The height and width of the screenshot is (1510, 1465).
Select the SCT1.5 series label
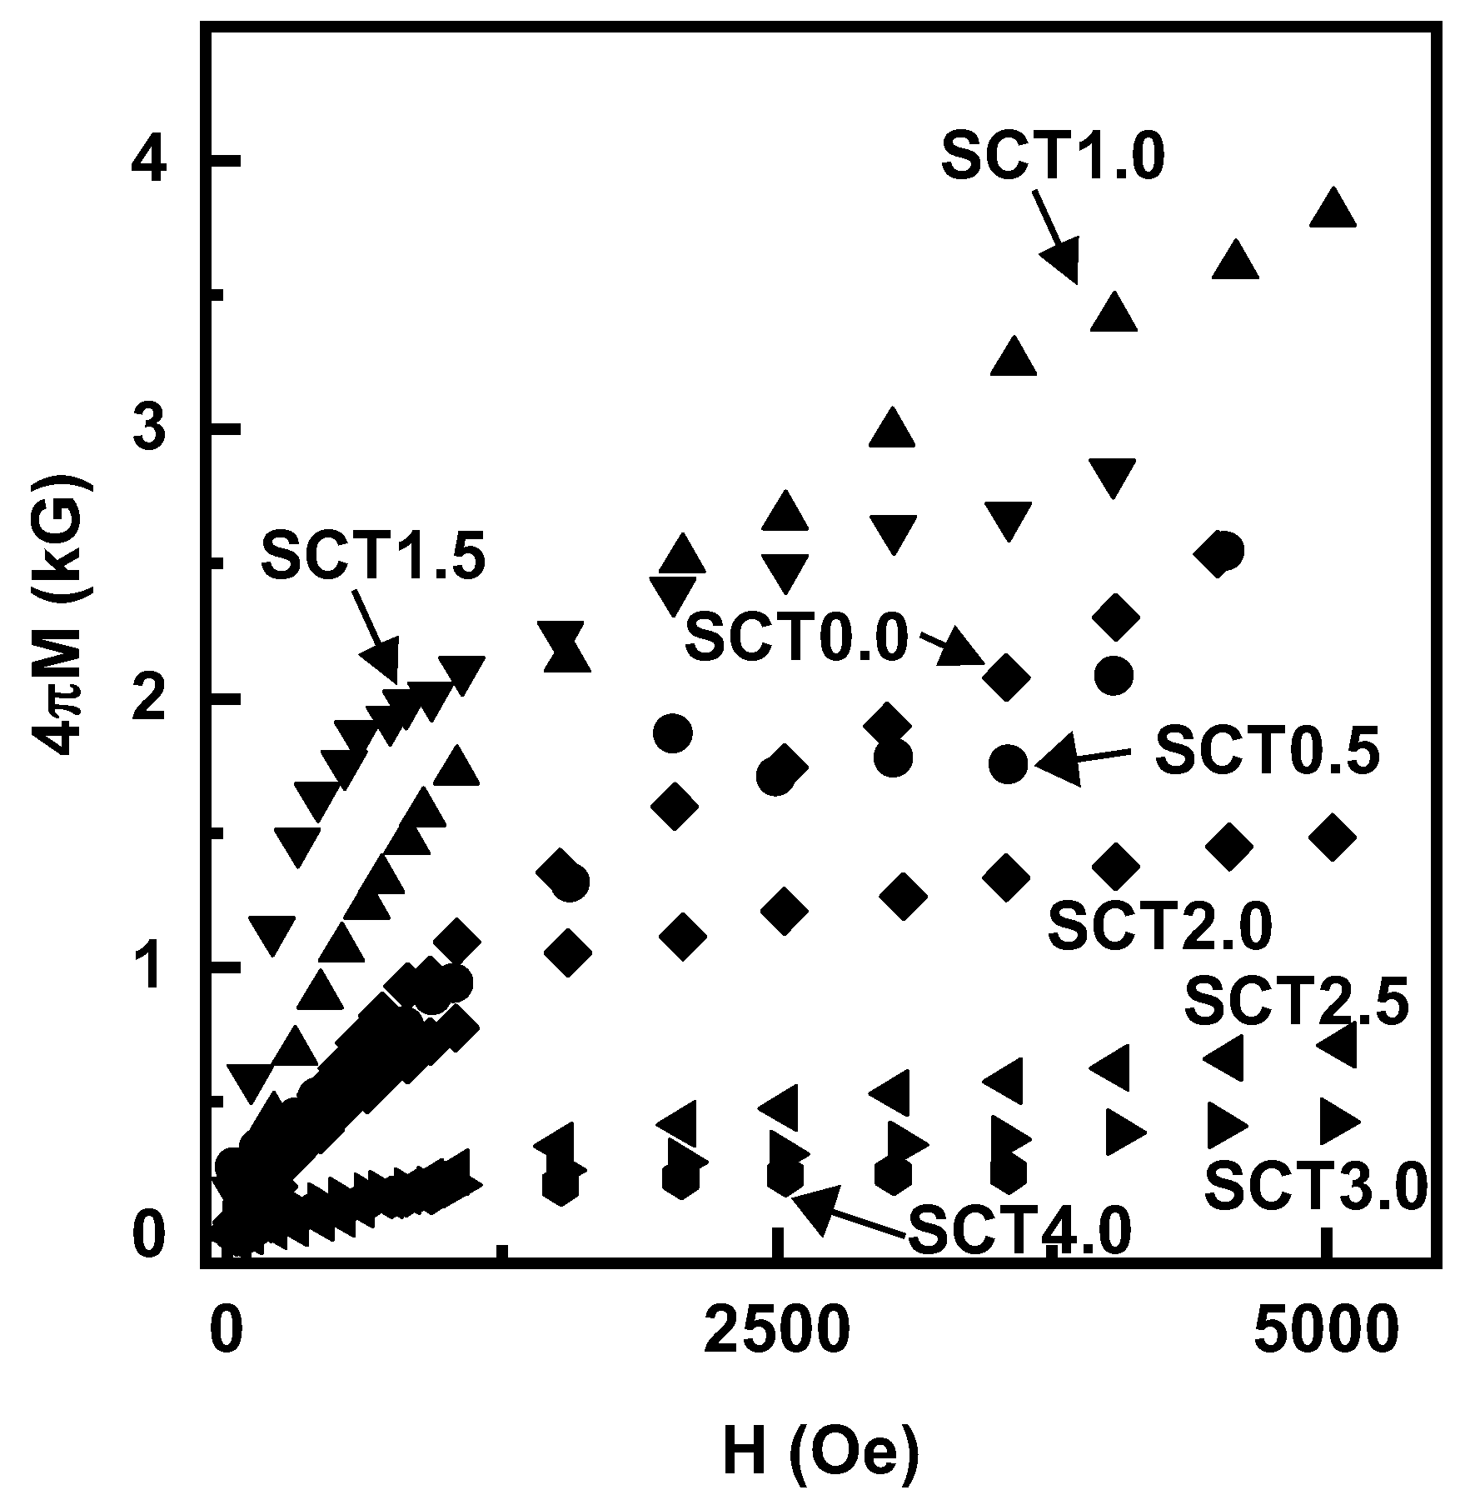pos(373,557)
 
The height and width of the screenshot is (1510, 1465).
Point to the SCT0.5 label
pos(1267,751)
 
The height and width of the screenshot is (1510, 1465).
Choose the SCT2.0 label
pos(1160,927)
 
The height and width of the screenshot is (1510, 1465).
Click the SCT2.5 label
pos(1296,1002)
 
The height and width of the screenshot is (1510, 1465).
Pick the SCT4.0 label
pos(1020,1232)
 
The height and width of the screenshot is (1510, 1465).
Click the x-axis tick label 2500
pos(777,1332)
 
